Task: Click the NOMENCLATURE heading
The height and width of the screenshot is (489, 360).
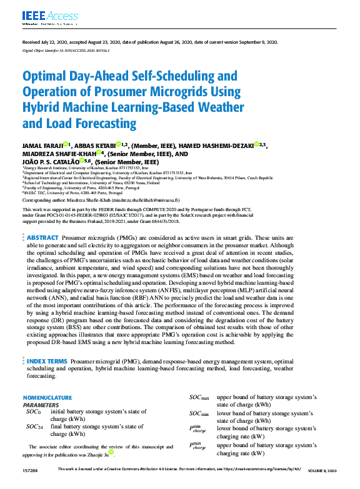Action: [x=47, y=398]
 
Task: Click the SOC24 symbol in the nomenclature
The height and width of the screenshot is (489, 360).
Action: [x=34, y=427]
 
